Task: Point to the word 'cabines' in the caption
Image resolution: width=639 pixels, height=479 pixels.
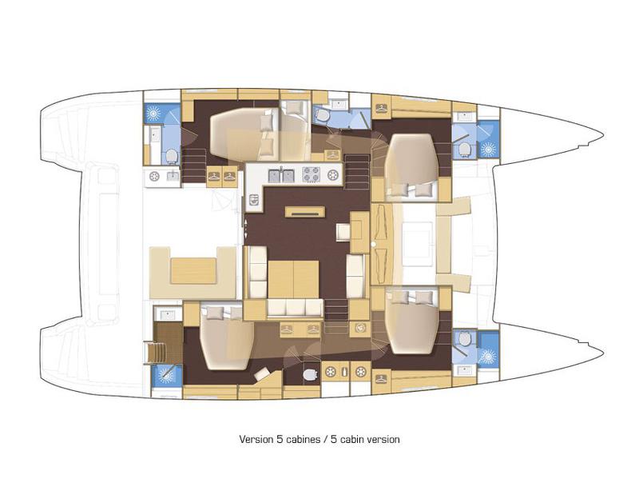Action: point(294,439)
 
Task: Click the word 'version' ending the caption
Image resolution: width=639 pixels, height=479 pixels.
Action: point(382,439)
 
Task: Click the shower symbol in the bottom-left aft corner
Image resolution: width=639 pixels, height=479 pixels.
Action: point(166,374)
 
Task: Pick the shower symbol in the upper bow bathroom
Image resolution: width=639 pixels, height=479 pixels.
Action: point(487,148)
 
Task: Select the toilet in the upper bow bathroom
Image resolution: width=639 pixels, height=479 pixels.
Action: point(463,147)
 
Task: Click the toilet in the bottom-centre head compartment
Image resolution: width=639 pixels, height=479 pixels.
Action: point(309,373)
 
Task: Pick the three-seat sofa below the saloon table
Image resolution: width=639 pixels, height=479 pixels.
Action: point(294,308)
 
